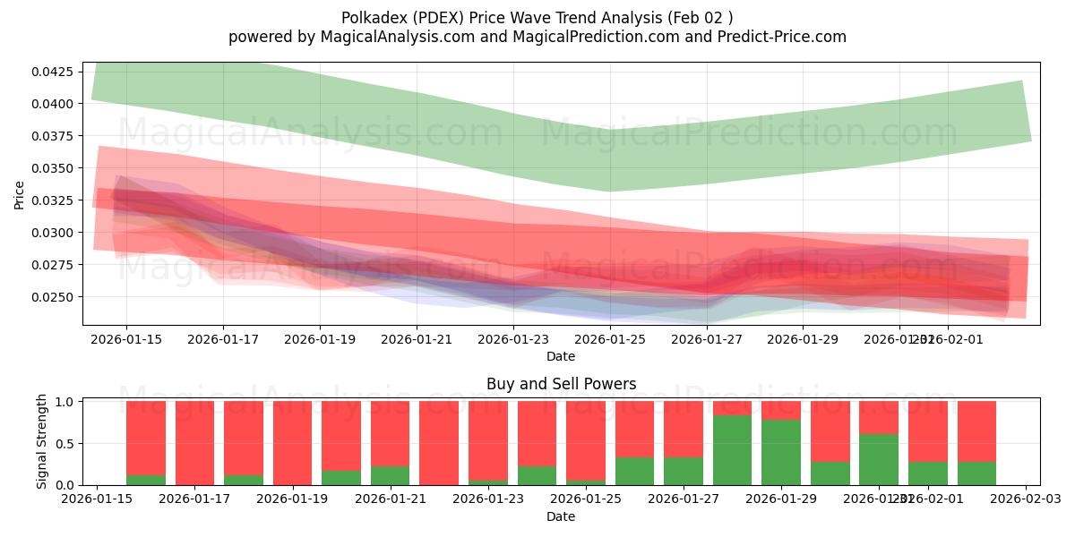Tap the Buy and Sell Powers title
(561, 384)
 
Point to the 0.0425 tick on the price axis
(54, 72)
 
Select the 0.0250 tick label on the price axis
(54, 297)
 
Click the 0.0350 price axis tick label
(54, 168)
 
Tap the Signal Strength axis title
(42, 442)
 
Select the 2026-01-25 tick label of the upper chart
(610, 339)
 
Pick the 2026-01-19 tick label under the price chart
(320, 339)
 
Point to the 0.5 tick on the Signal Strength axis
(67, 443)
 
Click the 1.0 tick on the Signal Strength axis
(67, 402)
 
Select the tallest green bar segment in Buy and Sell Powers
(732, 450)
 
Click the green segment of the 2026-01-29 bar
(781, 452)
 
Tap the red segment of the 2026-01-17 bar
(194, 442)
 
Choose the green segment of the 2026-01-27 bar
(684, 471)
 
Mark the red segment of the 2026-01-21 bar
(390, 433)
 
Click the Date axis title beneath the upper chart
(561, 356)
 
